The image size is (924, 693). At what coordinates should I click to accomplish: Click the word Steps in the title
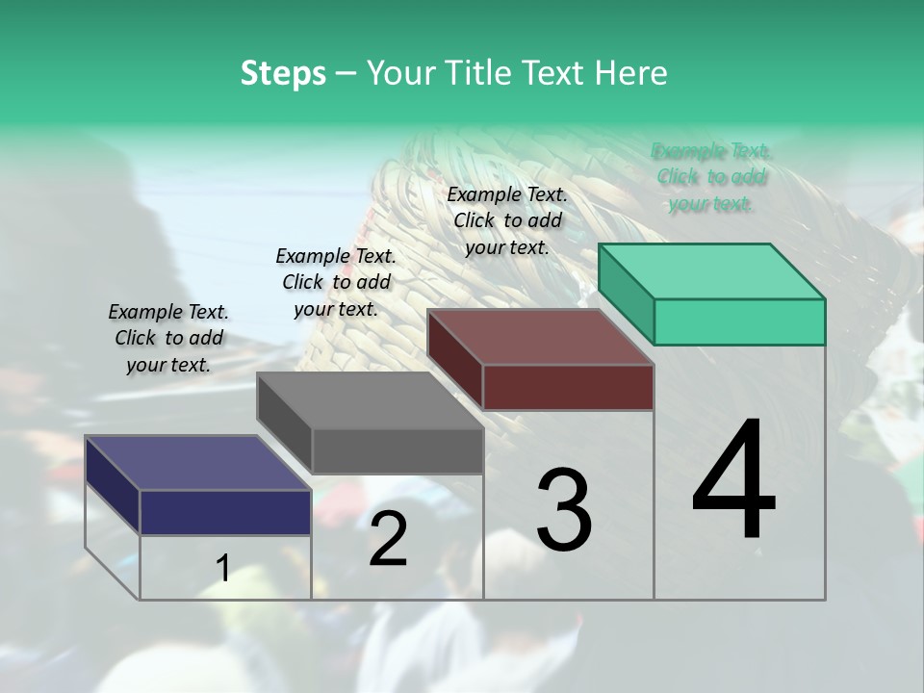pos(283,73)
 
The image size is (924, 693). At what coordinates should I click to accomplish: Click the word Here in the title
pos(632,73)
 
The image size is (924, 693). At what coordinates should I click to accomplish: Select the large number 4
pos(733,481)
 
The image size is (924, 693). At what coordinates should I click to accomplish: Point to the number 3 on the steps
pos(564,510)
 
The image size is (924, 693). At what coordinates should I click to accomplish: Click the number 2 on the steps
pos(388,539)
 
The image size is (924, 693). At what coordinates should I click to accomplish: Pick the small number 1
pos(222,569)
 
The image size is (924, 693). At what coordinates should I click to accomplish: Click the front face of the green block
pos(739,321)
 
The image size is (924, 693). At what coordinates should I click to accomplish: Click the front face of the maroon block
pos(568,387)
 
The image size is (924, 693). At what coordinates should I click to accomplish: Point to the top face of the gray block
pos(370,400)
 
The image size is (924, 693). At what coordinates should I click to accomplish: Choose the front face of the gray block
pos(397,450)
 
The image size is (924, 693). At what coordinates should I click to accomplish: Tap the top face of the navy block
pos(198,463)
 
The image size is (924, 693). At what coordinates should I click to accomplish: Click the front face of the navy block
pos(225,512)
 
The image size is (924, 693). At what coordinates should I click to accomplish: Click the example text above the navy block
pos(168,338)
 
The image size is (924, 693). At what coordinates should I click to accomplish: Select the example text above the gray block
pos(336,282)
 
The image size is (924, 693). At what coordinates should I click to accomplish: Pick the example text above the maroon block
pos(507,220)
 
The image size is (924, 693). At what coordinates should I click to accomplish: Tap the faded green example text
pos(711,177)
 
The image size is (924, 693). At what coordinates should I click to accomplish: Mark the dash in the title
pos(346,74)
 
